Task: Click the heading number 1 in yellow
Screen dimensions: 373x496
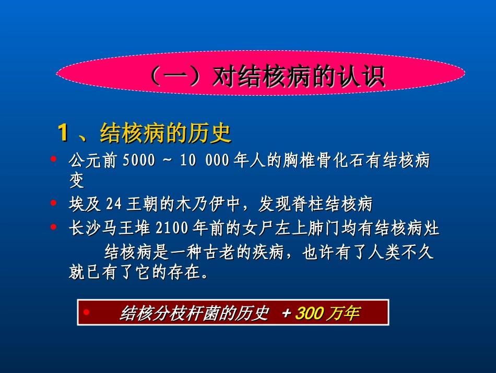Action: pos(63,133)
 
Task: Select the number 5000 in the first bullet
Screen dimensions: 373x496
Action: pos(139,161)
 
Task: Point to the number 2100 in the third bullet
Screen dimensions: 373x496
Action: pos(168,229)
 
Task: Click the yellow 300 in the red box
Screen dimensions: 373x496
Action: pos(309,314)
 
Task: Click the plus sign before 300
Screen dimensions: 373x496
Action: pos(286,314)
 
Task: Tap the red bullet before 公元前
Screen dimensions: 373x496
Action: pos(54,158)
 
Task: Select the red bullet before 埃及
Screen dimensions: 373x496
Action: pos(54,201)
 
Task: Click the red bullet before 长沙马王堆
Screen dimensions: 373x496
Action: pos(54,226)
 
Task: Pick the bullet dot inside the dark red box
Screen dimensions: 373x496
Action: pos(86,312)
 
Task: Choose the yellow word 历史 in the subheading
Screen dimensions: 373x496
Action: pos(214,134)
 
